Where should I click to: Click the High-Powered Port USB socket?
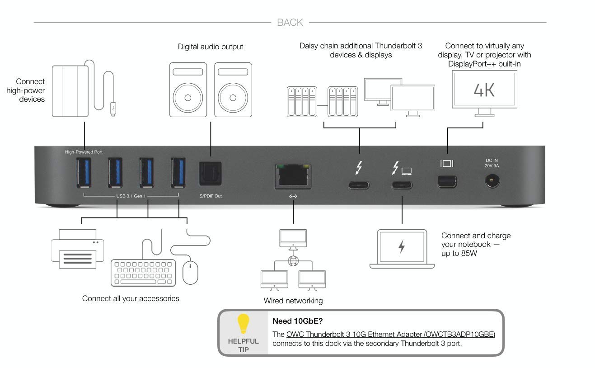coord(84,173)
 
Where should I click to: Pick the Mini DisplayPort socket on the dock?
coord(446,181)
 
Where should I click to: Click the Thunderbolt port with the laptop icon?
coord(402,185)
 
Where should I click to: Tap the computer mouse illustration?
coord(190,271)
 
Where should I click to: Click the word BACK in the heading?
coord(290,22)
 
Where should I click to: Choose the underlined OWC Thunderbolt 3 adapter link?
coord(391,335)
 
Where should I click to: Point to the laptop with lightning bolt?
coord(402,248)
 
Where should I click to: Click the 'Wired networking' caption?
coord(293,301)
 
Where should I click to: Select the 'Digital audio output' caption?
coord(211,47)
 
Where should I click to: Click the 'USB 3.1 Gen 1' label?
coord(131,196)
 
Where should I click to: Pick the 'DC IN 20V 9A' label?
coord(492,163)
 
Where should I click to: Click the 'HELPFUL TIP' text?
coord(244,345)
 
